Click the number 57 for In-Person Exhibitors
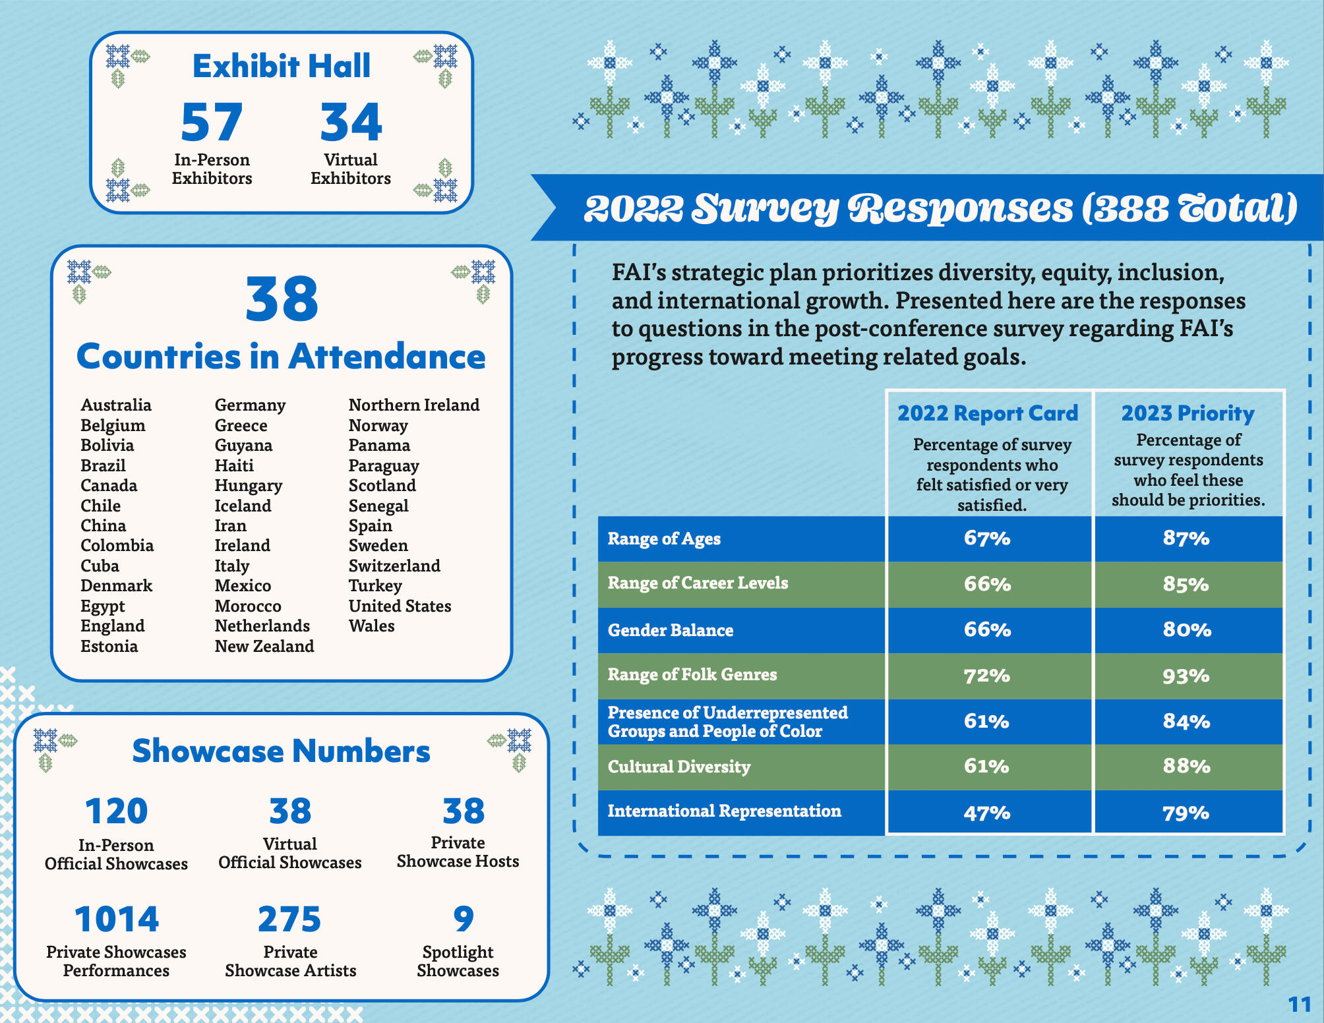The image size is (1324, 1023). (212, 123)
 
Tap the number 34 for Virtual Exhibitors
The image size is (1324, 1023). (351, 123)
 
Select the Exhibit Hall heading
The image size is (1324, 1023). (282, 66)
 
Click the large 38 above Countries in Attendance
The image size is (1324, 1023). (282, 300)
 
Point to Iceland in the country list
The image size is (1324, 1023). (243, 506)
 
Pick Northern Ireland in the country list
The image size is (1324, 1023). (413, 405)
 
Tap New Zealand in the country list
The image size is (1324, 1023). (264, 646)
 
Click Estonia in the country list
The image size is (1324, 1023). (109, 646)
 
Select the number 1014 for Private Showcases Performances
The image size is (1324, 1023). (117, 920)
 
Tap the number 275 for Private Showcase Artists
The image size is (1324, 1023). (289, 920)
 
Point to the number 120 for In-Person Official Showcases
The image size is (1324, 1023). (117, 811)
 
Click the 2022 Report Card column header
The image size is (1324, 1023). (987, 413)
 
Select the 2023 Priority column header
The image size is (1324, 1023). (1188, 413)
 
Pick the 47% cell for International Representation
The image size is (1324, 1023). (986, 813)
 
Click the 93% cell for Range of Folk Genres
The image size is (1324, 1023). (1186, 676)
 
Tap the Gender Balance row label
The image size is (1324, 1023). (670, 630)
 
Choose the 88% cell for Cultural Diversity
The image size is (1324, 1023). (1186, 766)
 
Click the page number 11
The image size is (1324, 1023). (1300, 1004)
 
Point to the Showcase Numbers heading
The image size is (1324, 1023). (282, 751)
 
